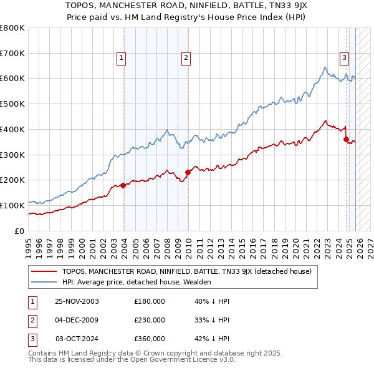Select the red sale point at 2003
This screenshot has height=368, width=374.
pos(123,185)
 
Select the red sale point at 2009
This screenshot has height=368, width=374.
pos(188,172)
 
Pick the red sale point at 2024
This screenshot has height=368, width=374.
pos(346,139)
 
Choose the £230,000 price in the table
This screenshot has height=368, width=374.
pos(150,320)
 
